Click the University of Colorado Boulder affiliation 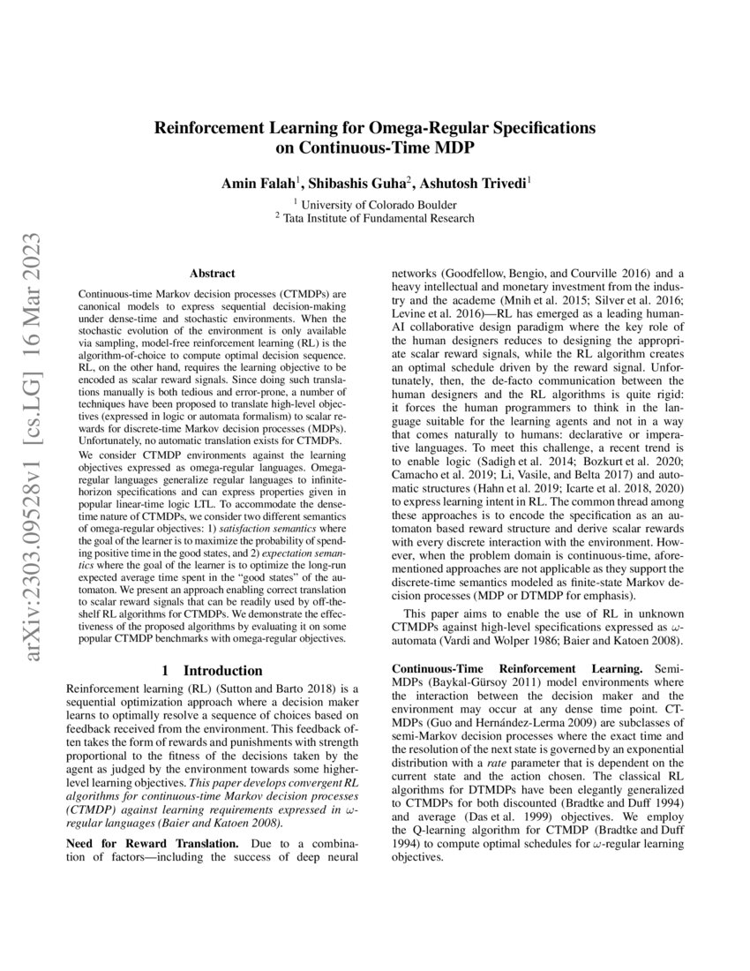(377, 202)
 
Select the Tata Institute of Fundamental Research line (377, 218)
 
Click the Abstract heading (213, 275)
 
